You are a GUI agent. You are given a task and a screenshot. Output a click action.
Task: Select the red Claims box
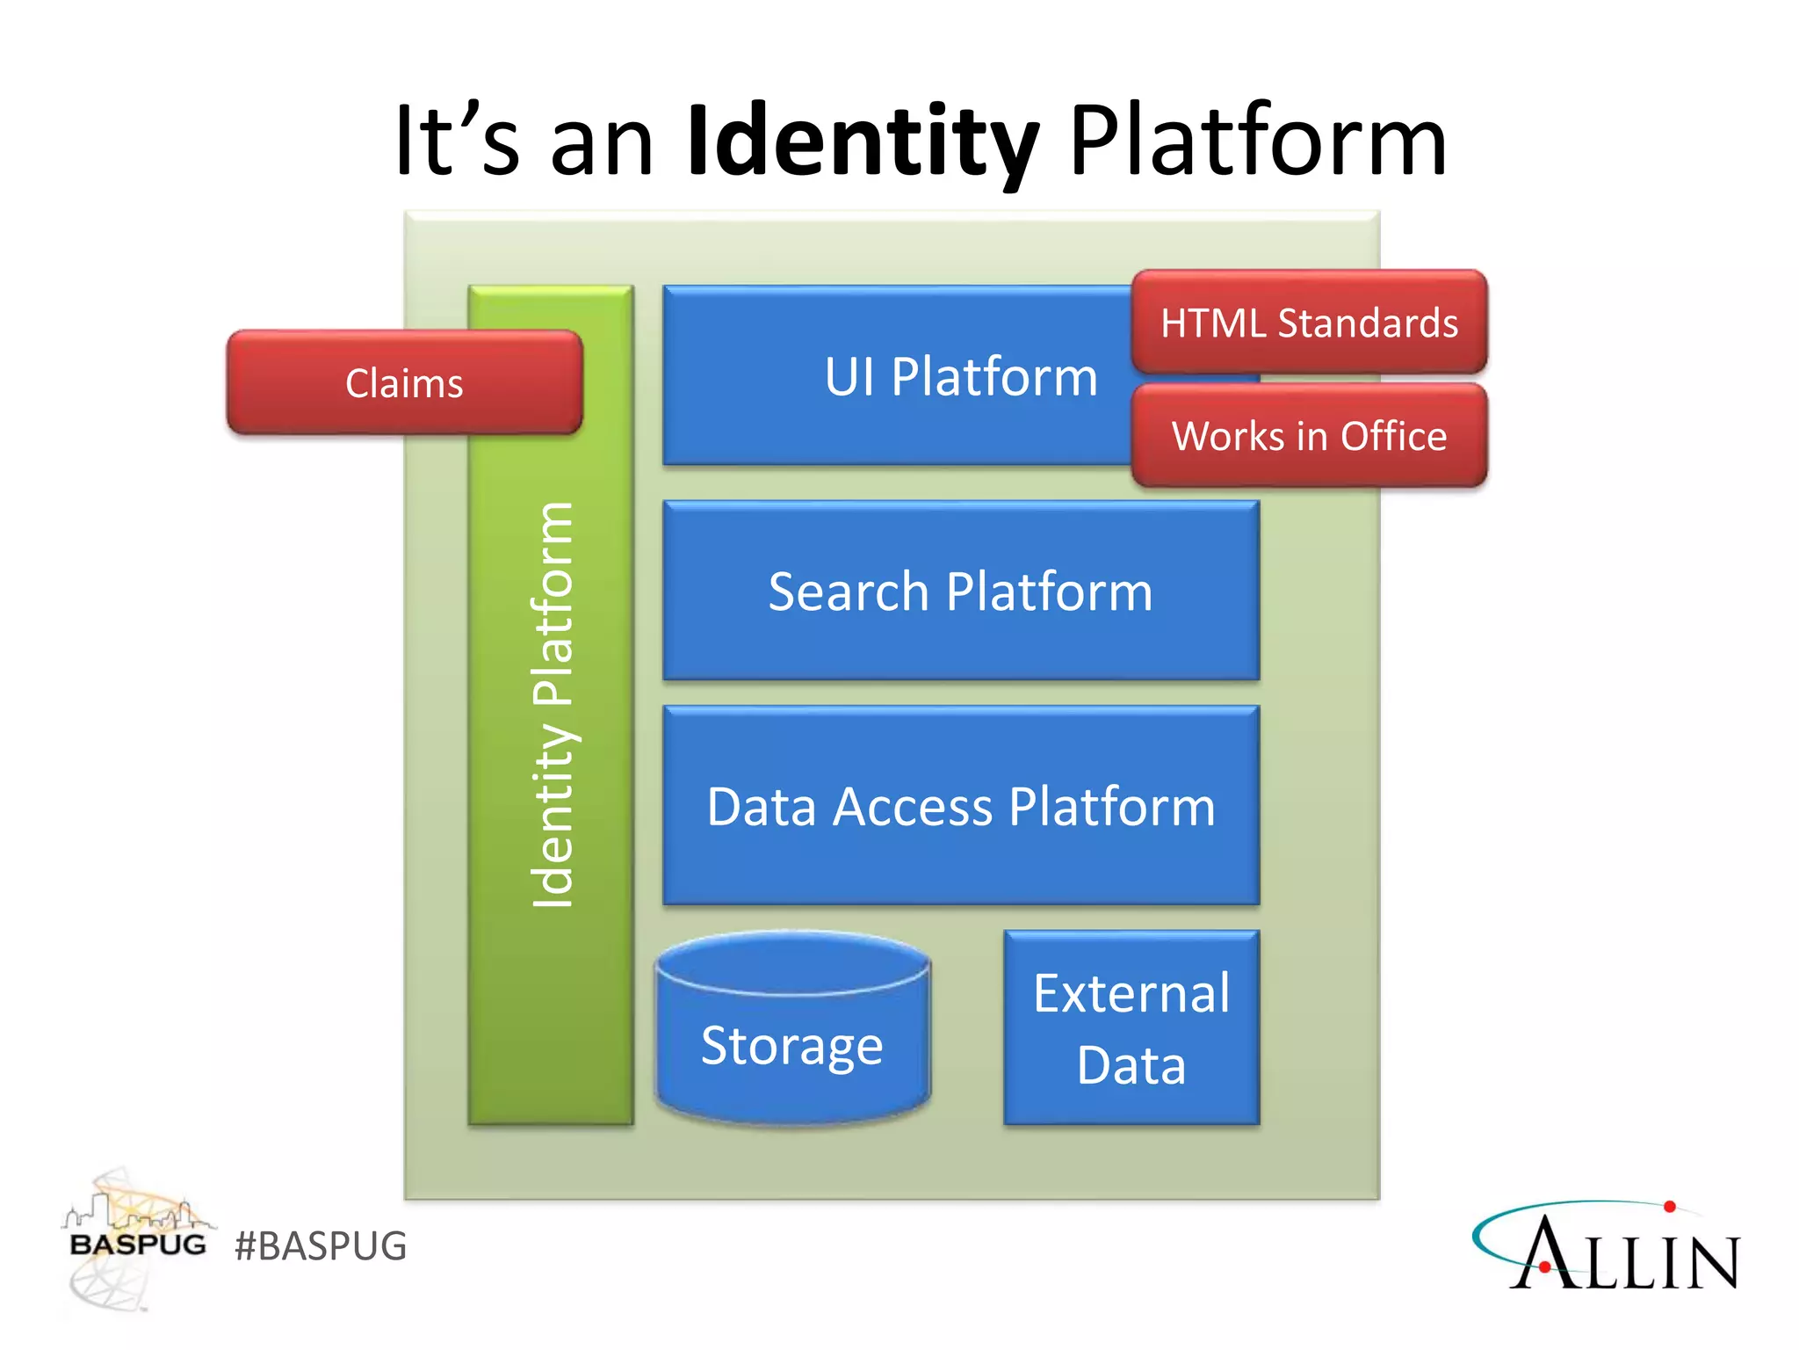point(404,383)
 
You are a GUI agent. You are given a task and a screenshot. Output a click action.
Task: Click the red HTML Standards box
point(1309,323)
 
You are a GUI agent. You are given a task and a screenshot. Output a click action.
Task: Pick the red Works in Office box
point(1309,436)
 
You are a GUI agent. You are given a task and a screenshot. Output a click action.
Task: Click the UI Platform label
point(961,376)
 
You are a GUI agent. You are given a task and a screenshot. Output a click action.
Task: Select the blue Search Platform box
point(961,591)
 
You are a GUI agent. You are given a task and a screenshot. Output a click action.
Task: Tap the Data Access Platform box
point(961,806)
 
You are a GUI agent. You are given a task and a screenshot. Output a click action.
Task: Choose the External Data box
point(1131,1027)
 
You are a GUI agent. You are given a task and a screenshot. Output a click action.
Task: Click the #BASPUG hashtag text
point(321,1245)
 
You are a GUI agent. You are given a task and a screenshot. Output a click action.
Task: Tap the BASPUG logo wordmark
point(138,1245)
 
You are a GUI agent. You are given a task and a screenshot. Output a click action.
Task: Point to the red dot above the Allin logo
point(1670,1207)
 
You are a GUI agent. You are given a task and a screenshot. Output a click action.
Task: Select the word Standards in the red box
point(1368,323)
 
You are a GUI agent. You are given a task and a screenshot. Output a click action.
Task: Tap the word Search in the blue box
point(848,591)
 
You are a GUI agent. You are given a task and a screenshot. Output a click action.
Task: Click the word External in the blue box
point(1131,993)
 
